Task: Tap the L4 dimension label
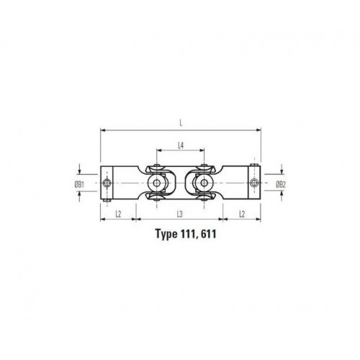point(180,146)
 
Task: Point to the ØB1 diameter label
point(81,184)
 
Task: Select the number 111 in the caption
point(192,235)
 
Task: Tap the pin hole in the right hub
point(252,184)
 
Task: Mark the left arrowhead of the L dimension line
point(103,130)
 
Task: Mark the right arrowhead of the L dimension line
point(257,130)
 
